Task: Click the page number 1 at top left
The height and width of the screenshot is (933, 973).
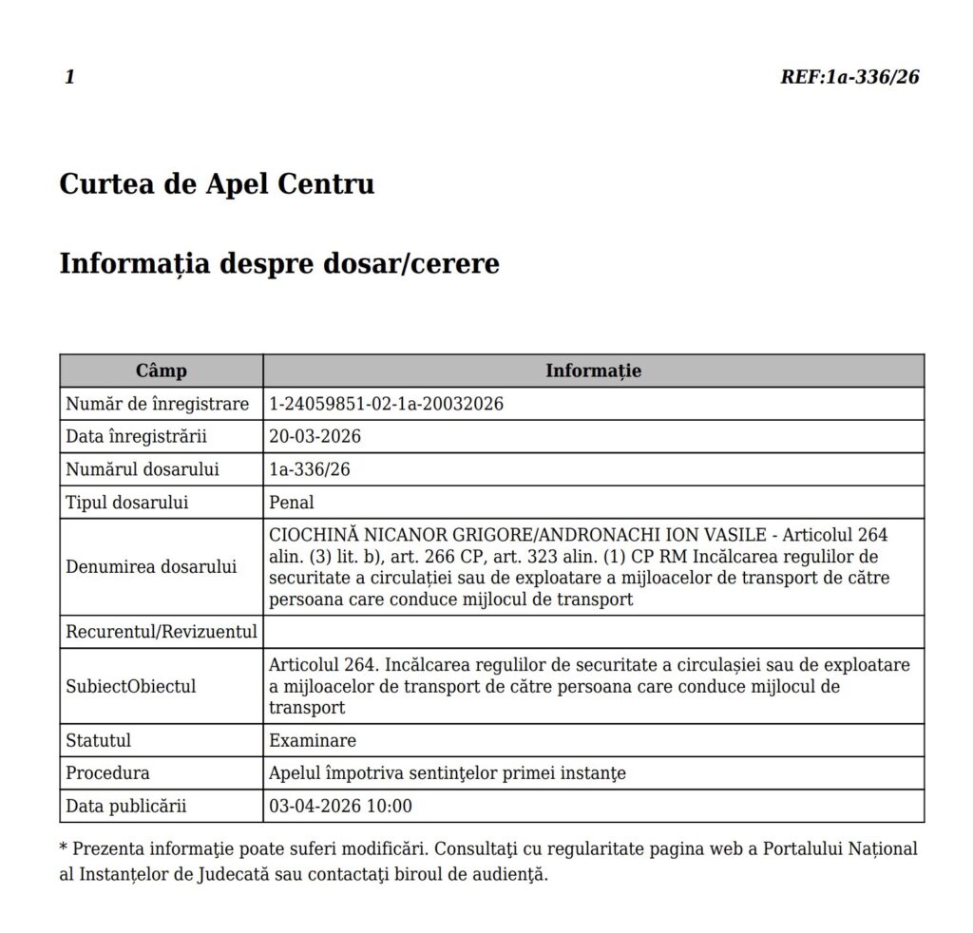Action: pos(69,78)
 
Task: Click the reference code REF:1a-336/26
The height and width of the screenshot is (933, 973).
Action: pos(849,78)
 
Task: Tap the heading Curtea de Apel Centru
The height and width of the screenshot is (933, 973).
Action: pos(217,184)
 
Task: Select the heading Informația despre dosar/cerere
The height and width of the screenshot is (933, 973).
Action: pos(279,263)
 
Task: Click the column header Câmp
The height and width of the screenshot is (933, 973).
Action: pos(162,371)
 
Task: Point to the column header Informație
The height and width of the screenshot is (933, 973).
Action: pos(593,371)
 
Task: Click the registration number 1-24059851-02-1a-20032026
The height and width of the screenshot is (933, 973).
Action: pos(386,404)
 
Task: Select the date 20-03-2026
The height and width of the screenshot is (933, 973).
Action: pos(315,437)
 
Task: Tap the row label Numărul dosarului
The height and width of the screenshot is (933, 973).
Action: pos(143,469)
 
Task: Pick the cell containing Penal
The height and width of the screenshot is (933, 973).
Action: pos(292,503)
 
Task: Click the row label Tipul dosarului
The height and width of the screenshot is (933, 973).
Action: pos(127,503)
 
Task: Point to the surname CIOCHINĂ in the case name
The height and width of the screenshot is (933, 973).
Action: pos(313,535)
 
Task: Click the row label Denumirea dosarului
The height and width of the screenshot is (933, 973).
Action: pos(151,567)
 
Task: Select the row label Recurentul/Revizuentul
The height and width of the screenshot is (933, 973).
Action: pos(162,632)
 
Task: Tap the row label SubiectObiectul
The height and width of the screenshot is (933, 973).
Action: pos(131,686)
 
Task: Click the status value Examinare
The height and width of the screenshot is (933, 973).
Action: pos(313,740)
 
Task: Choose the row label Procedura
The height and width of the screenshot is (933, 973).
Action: pos(107,773)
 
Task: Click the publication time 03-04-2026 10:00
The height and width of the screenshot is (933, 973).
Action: pos(341,807)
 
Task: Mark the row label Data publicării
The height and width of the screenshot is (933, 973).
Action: pos(126,807)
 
